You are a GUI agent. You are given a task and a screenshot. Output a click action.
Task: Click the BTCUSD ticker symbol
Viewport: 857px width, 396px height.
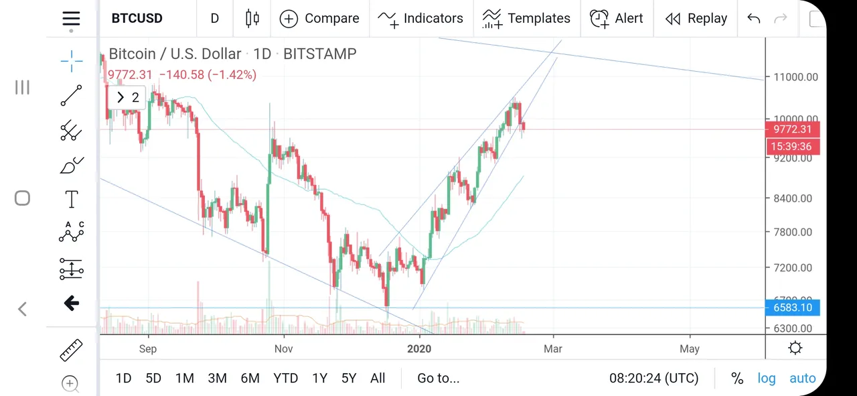(x=137, y=18)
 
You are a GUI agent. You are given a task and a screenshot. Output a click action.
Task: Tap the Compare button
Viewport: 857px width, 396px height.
(x=319, y=18)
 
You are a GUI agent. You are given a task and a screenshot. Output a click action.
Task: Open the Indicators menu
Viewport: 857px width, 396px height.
(x=420, y=18)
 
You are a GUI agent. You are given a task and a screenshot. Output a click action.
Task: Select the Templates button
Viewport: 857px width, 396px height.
(x=526, y=18)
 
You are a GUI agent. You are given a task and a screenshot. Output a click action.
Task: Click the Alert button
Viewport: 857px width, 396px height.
(x=617, y=18)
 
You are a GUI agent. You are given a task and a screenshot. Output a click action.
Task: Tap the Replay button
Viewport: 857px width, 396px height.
(x=696, y=18)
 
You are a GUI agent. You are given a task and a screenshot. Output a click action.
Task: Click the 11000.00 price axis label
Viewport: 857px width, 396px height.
(x=795, y=77)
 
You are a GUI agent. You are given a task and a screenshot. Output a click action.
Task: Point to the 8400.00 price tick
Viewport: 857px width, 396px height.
(x=793, y=198)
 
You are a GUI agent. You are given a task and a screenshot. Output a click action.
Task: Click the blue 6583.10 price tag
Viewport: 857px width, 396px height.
(x=792, y=308)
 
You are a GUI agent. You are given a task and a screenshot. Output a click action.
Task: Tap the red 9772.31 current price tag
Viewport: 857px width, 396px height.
(x=792, y=129)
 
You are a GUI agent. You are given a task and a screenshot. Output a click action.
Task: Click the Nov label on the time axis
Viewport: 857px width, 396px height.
(x=284, y=348)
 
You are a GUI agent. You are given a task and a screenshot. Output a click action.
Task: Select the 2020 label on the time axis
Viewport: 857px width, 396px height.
(x=420, y=348)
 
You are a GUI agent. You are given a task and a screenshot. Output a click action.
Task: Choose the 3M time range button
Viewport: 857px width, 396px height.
(x=217, y=378)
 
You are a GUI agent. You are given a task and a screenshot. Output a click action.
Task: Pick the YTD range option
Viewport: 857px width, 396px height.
(x=286, y=378)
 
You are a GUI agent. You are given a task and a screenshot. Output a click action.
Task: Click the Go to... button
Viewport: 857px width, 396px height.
(x=439, y=378)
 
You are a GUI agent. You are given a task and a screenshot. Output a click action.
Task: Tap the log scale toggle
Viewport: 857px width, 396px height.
(x=767, y=378)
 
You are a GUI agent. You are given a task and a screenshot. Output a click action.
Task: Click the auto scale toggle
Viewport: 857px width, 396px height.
(x=803, y=378)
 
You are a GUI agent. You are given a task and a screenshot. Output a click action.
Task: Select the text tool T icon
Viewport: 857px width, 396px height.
(x=72, y=199)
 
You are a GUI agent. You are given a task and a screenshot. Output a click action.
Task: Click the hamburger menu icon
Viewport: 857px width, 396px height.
(x=71, y=19)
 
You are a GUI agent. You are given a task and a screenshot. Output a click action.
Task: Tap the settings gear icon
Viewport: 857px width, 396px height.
(x=795, y=348)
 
